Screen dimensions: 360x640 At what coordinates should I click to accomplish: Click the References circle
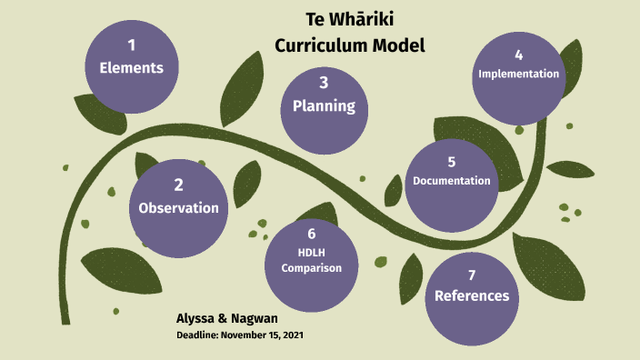pos(471,295)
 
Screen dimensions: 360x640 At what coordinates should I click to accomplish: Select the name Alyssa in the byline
pos(198,319)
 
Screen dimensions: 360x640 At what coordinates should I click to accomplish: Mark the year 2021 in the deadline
pos(291,335)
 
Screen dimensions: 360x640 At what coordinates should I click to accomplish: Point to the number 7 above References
pos(471,275)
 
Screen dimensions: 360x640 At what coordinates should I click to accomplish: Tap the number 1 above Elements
pos(131,45)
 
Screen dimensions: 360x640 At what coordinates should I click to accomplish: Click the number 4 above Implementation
pos(518,55)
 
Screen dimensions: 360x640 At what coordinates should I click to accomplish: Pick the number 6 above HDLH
pos(311,235)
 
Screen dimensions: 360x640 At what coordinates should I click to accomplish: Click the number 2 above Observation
pos(178,185)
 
